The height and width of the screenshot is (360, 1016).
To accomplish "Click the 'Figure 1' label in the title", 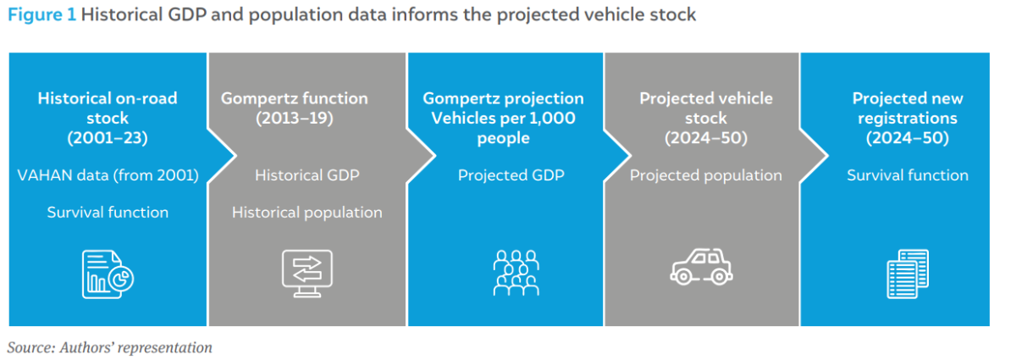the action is pyautogui.click(x=41, y=15).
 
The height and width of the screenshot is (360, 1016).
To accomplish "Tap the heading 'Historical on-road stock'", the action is pyautogui.click(x=108, y=108).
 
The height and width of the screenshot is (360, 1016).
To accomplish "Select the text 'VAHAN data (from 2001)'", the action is pyautogui.click(x=108, y=175).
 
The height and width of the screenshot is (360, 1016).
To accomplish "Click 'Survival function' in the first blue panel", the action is pyautogui.click(x=108, y=212).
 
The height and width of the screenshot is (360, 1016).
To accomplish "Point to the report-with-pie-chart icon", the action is pyautogui.click(x=108, y=274).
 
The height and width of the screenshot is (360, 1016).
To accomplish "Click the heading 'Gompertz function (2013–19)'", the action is pyautogui.click(x=295, y=108).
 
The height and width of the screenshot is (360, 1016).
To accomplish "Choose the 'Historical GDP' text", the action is pyautogui.click(x=307, y=175).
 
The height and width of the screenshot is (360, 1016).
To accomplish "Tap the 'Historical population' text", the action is pyautogui.click(x=307, y=212).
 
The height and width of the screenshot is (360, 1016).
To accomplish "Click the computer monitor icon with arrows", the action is pyautogui.click(x=307, y=274).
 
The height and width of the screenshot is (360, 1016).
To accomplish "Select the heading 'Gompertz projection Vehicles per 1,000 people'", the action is pyautogui.click(x=504, y=118).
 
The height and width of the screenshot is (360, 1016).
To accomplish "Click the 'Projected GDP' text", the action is pyautogui.click(x=511, y=175).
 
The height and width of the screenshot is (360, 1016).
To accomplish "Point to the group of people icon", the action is pyautogui.click(x=516, y=273).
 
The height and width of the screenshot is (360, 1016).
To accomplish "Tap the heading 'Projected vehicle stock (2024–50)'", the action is pyautogui.click(x=706, y=118).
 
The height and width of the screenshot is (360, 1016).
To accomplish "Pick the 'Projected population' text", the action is pyautogui.click(x=706, y=175).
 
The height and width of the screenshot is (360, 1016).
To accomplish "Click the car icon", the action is pyautogui.click(x=701, y=267).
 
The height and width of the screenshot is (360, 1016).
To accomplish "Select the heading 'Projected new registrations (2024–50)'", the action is pyautogui.click(x=908, y=118).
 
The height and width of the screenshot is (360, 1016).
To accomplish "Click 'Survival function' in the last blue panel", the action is pyautogui.click(x=908, y=175).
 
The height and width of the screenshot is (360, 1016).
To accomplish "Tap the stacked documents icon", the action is pyautogui.click(x=908, y=274).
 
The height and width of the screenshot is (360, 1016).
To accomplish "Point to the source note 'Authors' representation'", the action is pyautogui.click(x=135, y=348).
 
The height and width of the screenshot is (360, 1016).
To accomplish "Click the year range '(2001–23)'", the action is pyautogui.click(x=108, y=137).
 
